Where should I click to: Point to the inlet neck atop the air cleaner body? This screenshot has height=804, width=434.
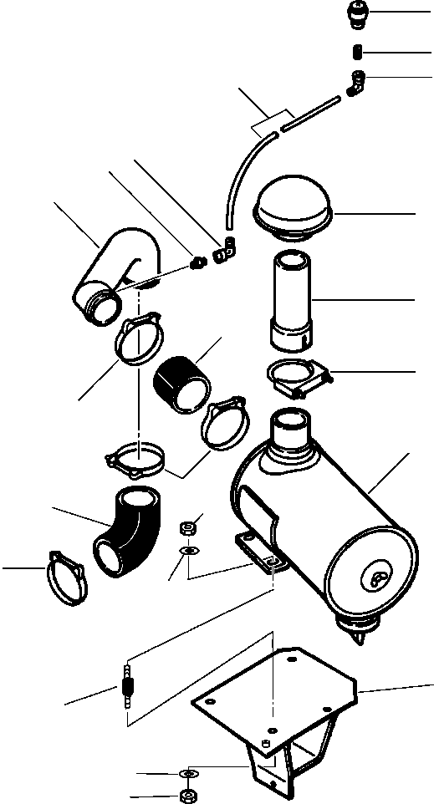[288, 431]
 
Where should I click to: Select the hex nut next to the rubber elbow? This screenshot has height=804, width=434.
[188, 527]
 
